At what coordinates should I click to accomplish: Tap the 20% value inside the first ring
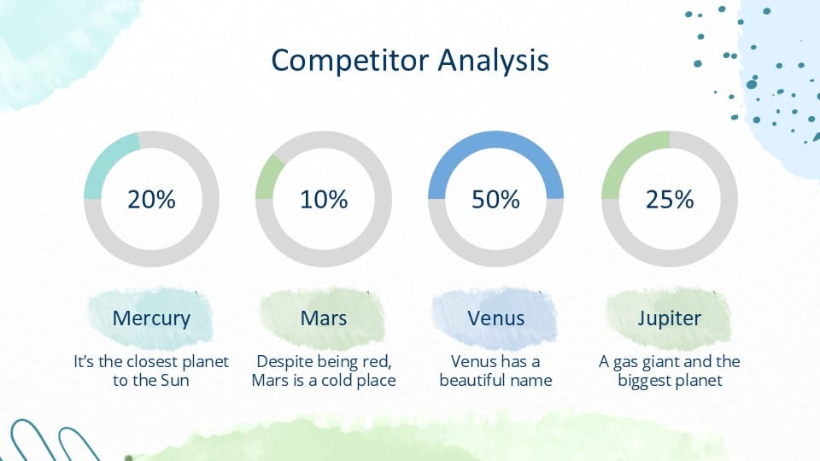tap(151, 200)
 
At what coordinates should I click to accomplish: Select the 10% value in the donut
tap(324, 200)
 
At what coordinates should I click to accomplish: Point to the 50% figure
tap(495, 200)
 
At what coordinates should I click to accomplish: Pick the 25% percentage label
tap(670, 200)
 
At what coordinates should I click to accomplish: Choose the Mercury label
tap(151, 318)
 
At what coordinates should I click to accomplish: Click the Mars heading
tap(324, 318)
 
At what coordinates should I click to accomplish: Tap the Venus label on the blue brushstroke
tap(495, 318)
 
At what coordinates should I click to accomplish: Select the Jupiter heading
tap(670, 318)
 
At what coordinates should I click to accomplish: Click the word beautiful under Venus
tap(472, 381)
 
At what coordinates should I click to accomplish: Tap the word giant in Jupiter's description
tap(657, 362)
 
